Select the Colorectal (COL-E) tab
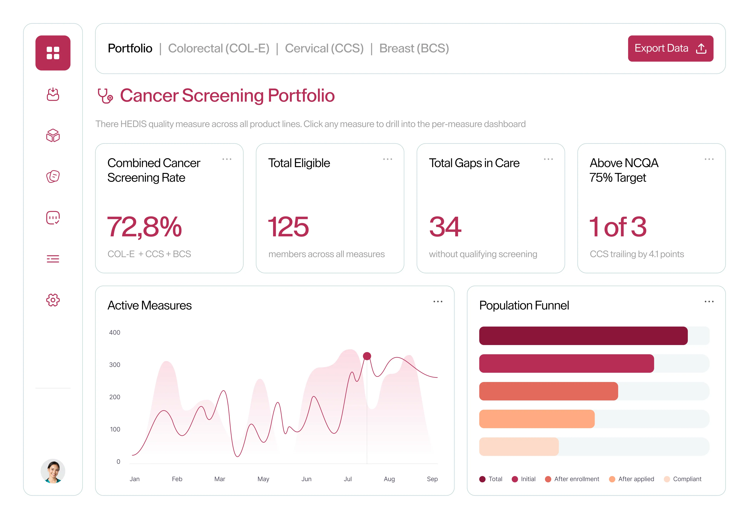point(219,48)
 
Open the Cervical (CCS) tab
point(324,48)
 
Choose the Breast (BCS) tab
point(414,48)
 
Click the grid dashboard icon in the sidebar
point(53,53)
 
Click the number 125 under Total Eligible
point(288,227)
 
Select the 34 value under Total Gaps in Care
point(445,227)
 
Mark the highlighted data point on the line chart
point(367,356)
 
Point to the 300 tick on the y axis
point(115,364)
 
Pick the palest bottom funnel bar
point(519,446)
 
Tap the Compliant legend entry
point(682,479)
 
